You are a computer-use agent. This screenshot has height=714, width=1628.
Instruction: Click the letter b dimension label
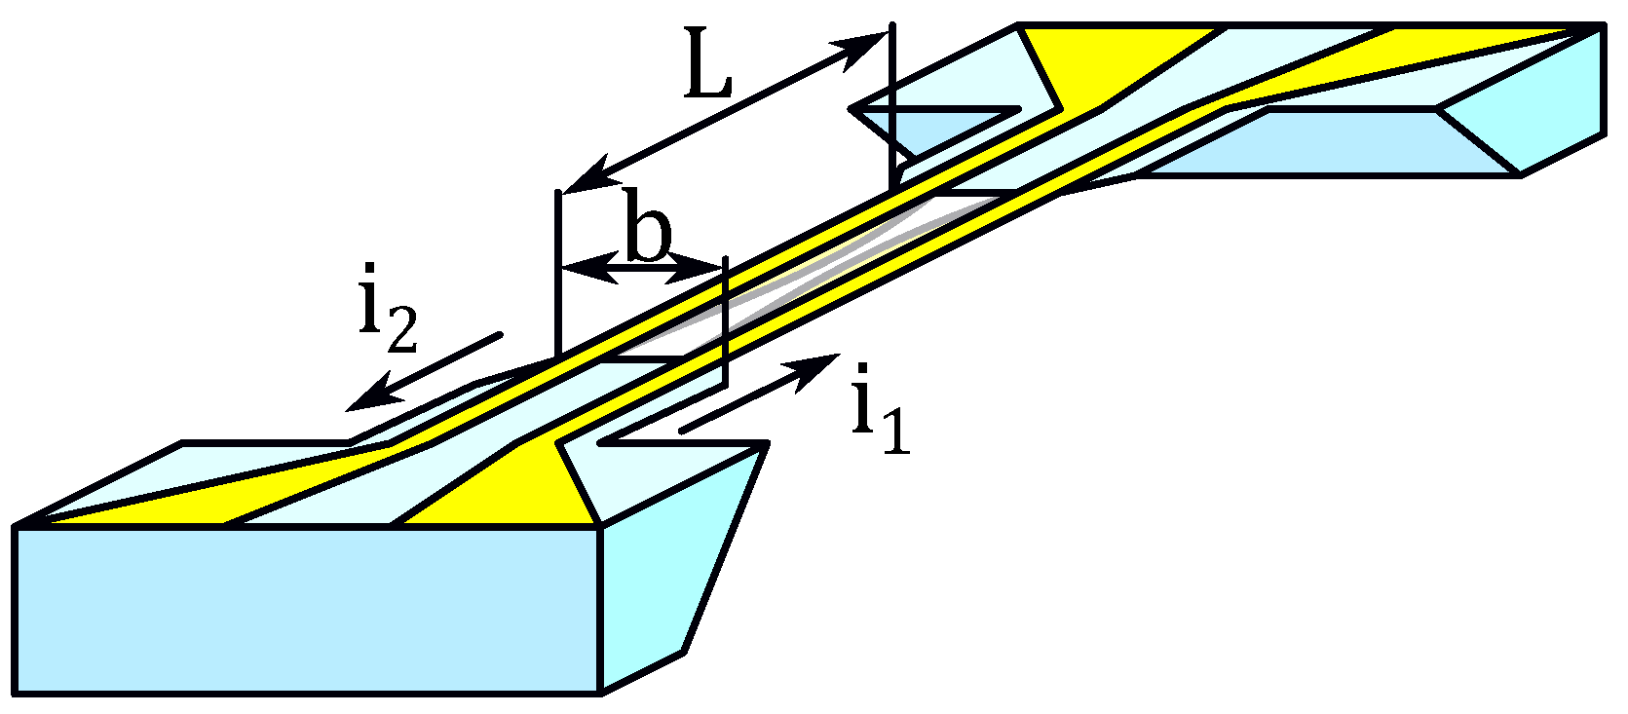649,236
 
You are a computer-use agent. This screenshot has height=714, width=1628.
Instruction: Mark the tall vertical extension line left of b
557,273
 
